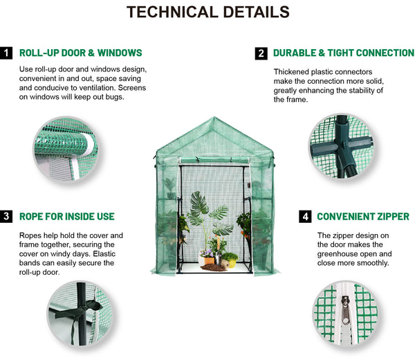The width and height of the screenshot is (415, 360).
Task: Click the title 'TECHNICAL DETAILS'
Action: tap(208, 12)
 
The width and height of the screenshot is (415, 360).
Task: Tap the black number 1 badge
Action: tap(6, 53)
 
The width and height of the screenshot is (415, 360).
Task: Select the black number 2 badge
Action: tap(261, 53)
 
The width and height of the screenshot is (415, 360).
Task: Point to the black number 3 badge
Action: tap(6, 217)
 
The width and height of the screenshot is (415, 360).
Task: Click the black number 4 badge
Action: tap(305, 217)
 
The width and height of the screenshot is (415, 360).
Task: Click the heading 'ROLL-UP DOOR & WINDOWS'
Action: tap(81, 53)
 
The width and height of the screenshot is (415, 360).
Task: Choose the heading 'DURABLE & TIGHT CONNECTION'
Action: tap(344, 53)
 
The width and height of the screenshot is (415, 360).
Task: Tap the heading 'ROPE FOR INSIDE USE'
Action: tap(67, 217)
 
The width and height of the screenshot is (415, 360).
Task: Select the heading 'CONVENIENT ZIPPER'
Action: tap(363, 217)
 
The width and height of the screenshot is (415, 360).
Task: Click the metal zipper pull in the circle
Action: tap(345, 310)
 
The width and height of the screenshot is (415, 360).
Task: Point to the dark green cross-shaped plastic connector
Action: tap(342, 147)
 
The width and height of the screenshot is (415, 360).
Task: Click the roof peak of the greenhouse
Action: tap(214, 117)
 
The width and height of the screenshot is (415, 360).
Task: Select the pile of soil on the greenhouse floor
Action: tap(214, 268)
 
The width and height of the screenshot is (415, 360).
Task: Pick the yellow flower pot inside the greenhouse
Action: tap(232, 263)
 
